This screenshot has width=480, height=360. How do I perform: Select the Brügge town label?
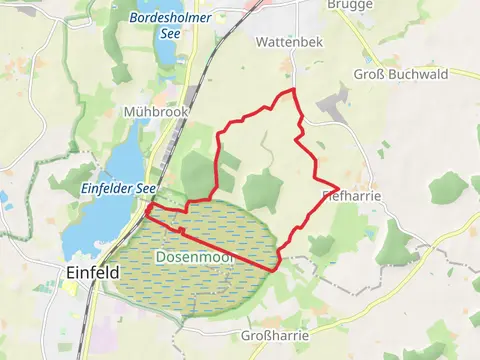[x=351, y=5]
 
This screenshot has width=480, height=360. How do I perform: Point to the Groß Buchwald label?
[x=401, y=74]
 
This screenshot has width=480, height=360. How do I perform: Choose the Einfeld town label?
[x=91, y=272]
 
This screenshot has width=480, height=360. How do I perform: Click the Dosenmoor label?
[x=192, y=257]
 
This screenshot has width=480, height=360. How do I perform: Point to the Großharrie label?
[x=275, y=335]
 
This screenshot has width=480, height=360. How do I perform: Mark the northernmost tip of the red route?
[x=293, y=90]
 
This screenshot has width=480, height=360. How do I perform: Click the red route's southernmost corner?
[x=276, y=269]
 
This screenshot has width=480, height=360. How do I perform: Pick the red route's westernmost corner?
[x=147, y=215]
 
